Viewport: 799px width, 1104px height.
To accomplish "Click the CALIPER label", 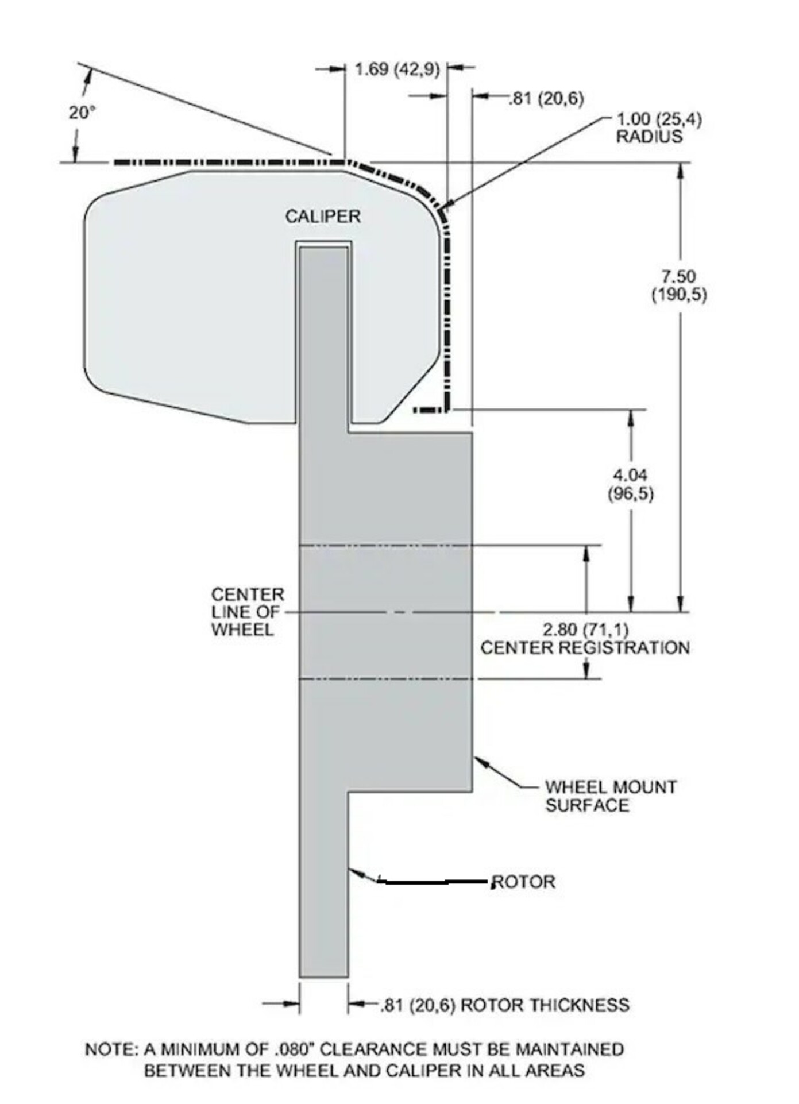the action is pos(323,217).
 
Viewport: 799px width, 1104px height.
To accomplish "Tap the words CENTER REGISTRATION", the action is pos(585,648).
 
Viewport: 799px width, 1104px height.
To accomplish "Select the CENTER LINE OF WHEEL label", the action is pos(248,612).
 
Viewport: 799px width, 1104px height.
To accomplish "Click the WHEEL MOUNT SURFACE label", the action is pos(611,796).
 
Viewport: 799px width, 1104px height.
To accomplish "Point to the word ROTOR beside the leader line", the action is pos(524,882).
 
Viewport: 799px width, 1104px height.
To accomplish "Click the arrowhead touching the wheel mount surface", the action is pos(481,762).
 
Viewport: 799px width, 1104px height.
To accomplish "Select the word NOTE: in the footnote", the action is pos(111,1049).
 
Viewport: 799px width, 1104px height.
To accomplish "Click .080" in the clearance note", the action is pos(294,1049).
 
